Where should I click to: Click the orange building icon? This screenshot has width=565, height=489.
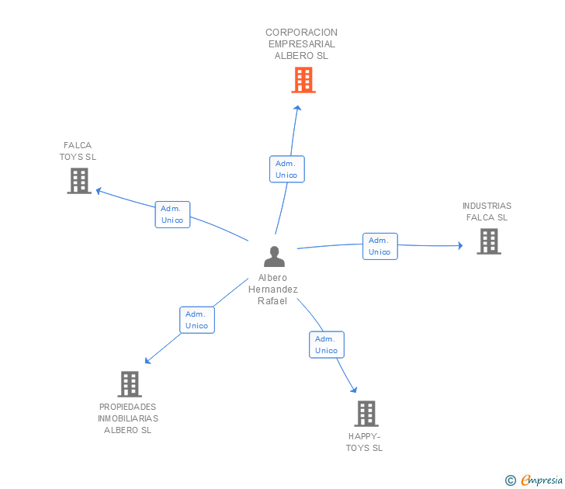[x=303, y=80]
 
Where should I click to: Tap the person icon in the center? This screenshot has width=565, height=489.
[x=274, y=257]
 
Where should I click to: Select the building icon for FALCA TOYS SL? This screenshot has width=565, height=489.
[x=79, y=181]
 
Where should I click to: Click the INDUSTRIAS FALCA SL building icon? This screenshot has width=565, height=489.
[x=489, y=241]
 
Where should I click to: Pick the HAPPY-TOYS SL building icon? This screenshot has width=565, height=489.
[x=366, y=414]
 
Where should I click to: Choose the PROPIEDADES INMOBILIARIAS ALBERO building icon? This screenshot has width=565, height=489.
[x=130, y=384]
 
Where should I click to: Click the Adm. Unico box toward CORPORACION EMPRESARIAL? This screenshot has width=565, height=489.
[x=287, y=169]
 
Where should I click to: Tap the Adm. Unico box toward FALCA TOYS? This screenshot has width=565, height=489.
[x=172, y=214]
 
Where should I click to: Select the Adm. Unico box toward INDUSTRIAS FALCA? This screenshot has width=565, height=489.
[x=380, y=246]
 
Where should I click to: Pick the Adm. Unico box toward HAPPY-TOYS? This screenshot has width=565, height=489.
[x=327, y=345]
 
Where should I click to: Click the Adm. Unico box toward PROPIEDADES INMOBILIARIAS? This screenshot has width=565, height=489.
[x=197, y=320]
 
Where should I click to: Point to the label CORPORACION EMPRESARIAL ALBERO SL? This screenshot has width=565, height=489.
[x=302, y=44]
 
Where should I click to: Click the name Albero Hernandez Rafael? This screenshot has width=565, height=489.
[x=272, y=290]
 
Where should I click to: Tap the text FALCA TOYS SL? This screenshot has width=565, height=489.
[x=78, y=151]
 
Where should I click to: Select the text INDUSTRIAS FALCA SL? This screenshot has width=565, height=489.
[x=487, y=212]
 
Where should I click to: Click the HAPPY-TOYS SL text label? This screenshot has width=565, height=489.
[x=364, y=442]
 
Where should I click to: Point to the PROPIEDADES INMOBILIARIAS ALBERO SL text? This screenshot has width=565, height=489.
[x=128, y=418]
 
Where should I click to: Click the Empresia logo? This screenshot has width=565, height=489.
[x=534, y=480]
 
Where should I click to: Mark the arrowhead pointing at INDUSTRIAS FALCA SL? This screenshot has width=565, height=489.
[x=460, y=246]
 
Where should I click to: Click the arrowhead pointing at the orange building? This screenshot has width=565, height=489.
[x=297, y=108]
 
